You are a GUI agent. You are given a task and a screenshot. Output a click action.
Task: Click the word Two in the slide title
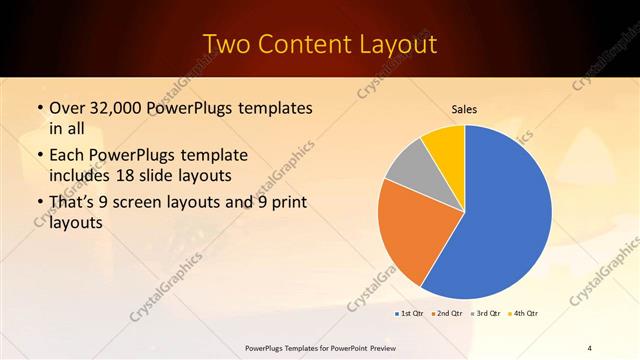[227, 45]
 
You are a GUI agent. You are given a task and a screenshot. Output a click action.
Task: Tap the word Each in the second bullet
[69, 156]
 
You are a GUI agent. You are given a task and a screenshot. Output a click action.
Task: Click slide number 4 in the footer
[590, 347]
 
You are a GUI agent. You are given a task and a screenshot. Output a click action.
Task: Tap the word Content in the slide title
[307, 45]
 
